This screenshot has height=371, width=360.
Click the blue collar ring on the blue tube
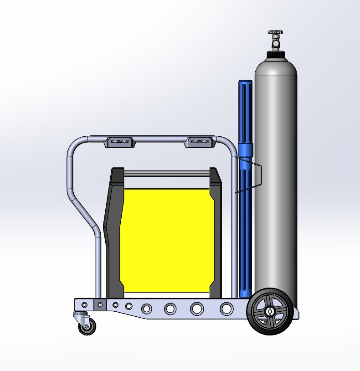pyautogui.click(x=246, y=149)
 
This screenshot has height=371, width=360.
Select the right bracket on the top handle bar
pyautogui.click(x=200, y=142)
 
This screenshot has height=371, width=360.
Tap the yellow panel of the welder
pyautogui.click(x=166, y=239)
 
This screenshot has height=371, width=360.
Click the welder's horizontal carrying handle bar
pyautogui.click(x=166, y=174)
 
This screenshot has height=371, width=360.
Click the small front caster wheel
pyautogui.click(x=87, y=326)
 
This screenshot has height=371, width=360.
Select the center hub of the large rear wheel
pyautogui.click(x=270, y=312)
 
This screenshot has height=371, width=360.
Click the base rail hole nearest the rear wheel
pyautogui.click(x=226, y=309)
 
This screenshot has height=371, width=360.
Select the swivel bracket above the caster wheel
pyautogui.click(x=81, y=315)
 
